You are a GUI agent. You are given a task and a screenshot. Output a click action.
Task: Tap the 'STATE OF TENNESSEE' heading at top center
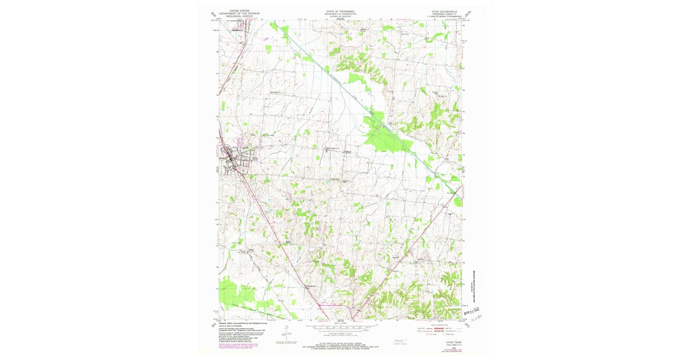click(x=340, y=11)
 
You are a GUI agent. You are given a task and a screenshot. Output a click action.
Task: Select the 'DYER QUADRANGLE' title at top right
click(x=437, y=11)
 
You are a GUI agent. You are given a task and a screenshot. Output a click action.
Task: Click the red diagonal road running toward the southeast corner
click(x=400, y=257)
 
